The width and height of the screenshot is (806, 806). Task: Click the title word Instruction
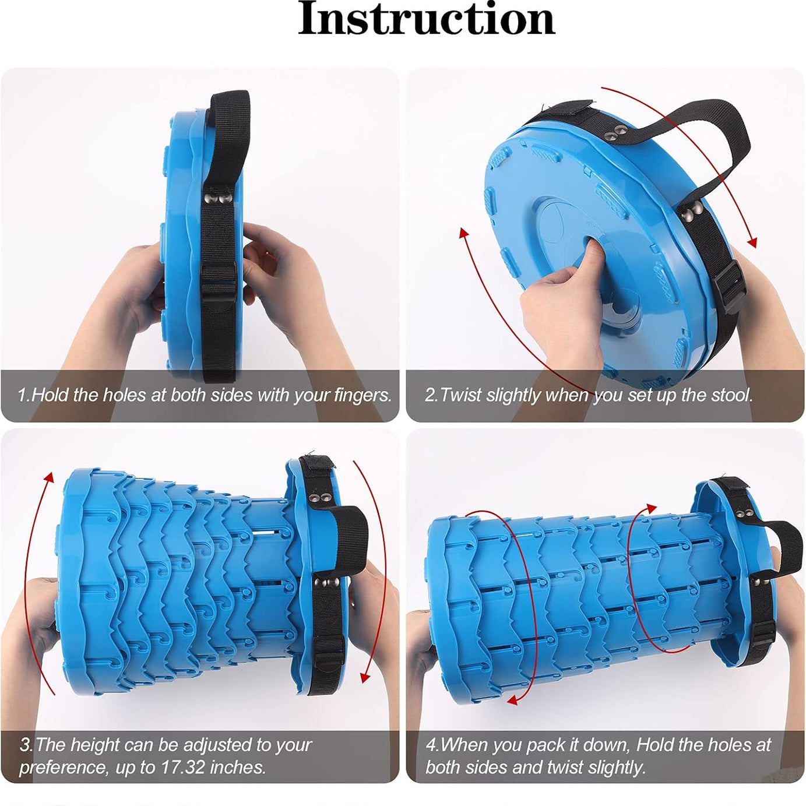tap(426, 19)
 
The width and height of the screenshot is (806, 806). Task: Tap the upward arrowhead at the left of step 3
tap(50, 478)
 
